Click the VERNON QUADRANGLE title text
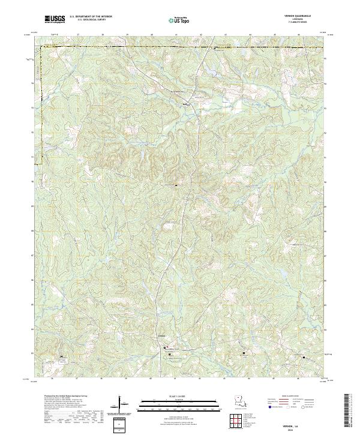coord(301,17)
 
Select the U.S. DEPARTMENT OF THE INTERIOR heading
coord(91,17)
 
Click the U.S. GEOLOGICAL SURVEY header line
coord(91,20)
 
